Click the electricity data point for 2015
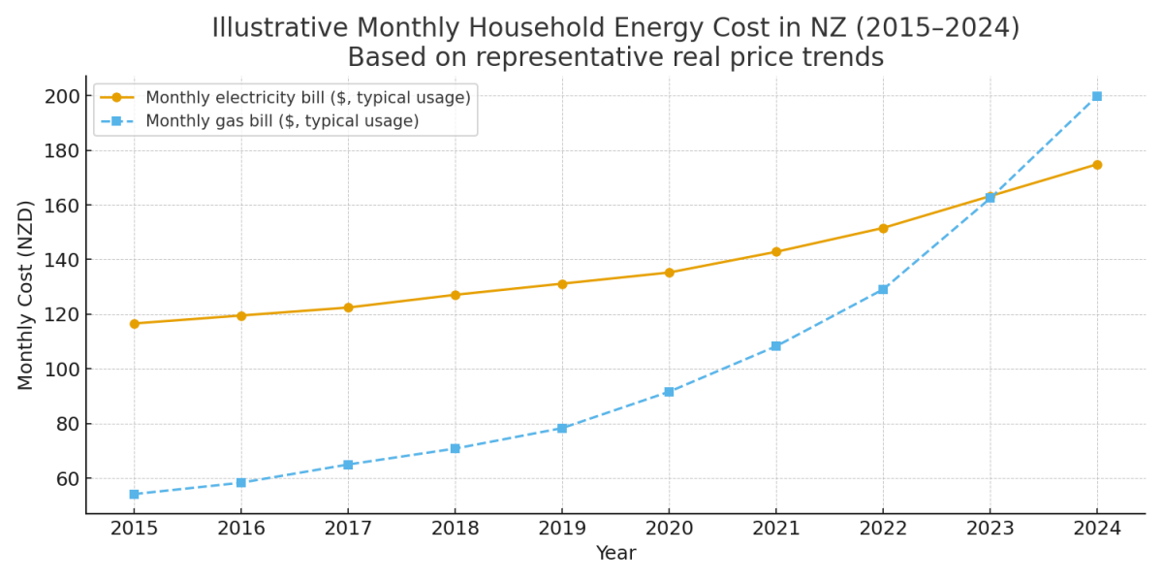(x=134, y=323)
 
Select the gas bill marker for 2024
(x=1096, y=96)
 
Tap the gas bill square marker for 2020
(x=669, y=392)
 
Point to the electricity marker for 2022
(x=883, y=228)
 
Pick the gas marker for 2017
(x=348, y=465)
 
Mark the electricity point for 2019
(x=562, y=283)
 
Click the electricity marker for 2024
(x=1096, y=164)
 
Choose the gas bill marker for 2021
(x=775, y=346)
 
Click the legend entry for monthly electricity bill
(x=307, y=98)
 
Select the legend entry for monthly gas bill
(x=281, y=121)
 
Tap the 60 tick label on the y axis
(x=63, y=478)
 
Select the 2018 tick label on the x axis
(x=455, y=529)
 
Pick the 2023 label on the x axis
(x=990, y=529)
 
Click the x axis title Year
(x=615, y=554)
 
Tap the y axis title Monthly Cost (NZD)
(x=26, y=295)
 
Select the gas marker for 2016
(x=241, y=482)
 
